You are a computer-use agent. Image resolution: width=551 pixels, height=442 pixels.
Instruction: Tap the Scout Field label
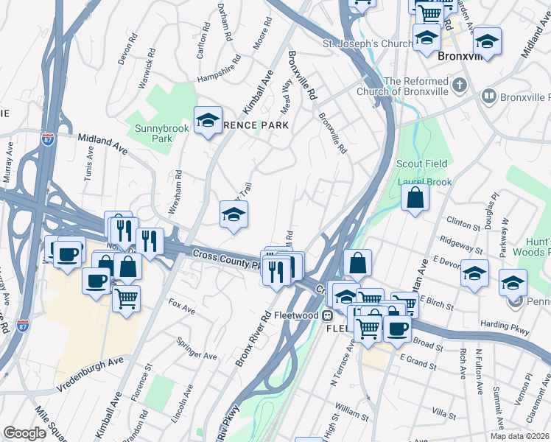click(419, 164)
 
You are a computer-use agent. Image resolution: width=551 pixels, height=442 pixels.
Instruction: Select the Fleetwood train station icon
click(328, 315)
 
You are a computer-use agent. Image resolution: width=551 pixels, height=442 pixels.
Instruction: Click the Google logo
click(25, 433)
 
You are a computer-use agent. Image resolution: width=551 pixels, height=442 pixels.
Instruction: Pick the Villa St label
click(444, 415)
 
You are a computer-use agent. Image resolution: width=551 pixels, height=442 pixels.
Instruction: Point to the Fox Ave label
click(180, 306)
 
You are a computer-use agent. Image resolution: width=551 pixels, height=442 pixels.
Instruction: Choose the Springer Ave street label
click(197, 348)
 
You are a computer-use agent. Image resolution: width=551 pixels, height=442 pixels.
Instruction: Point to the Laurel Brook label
click(418, 180)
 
